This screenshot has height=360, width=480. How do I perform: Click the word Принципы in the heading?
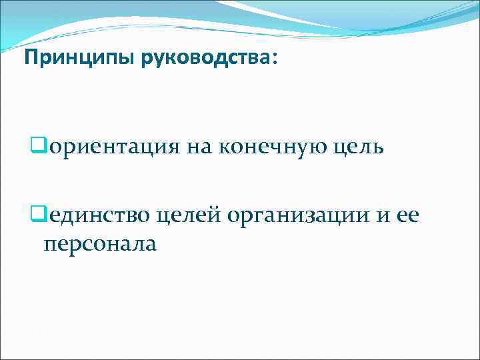pos(79,59)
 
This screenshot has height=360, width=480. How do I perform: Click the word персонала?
pos(100,244)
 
